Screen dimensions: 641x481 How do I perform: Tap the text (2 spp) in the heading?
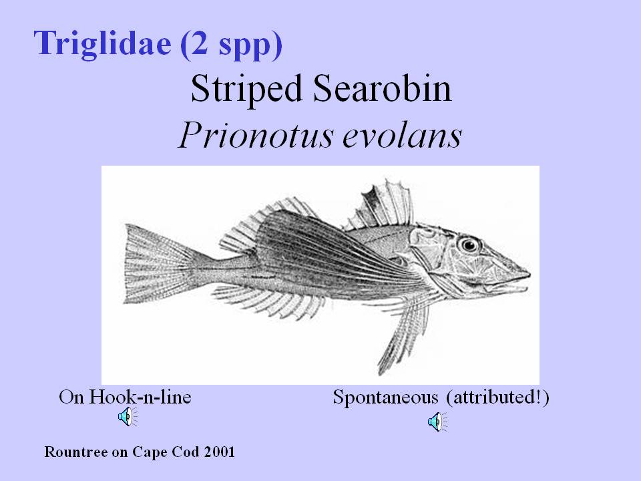coord(231,44)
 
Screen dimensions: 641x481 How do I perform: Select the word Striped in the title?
coord(246,90)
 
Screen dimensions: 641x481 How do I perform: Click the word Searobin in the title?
coord(382,88)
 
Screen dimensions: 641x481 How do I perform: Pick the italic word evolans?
coord(402,135)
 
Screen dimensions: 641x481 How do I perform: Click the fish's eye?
coord(469,245)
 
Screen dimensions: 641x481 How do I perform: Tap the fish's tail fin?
coord(158,264)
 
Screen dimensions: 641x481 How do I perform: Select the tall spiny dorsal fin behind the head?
coord(380,204)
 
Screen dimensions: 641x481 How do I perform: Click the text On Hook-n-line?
coord(125,397)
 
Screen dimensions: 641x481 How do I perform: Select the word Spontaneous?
coord(385,398)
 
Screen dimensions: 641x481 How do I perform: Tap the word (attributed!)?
coord(497,397)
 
